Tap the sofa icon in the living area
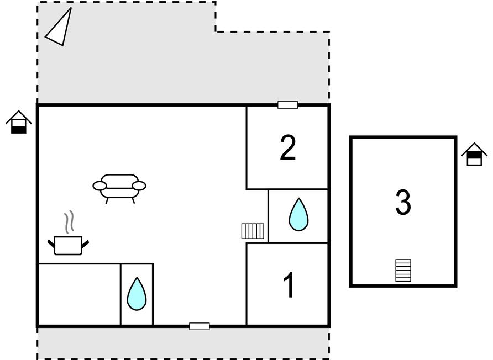(119, 188)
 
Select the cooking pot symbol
(68, 245)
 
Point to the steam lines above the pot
(70, 222)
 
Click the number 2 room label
(288, 147)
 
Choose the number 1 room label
(289, 285)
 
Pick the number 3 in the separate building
(403, 202)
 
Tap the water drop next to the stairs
(298, 215)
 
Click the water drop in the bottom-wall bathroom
(137, 294)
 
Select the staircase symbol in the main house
(253, 231)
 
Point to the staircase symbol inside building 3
(403, 271)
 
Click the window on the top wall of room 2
(288, 105)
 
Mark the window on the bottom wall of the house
(200, 326)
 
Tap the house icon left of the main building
(19, 122)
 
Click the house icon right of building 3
(474, 154)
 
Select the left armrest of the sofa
(99, 186)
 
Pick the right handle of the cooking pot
(85, 243)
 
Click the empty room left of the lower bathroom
(79, 294)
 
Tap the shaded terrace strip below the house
(183, 343)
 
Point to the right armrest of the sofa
(139, 186)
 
